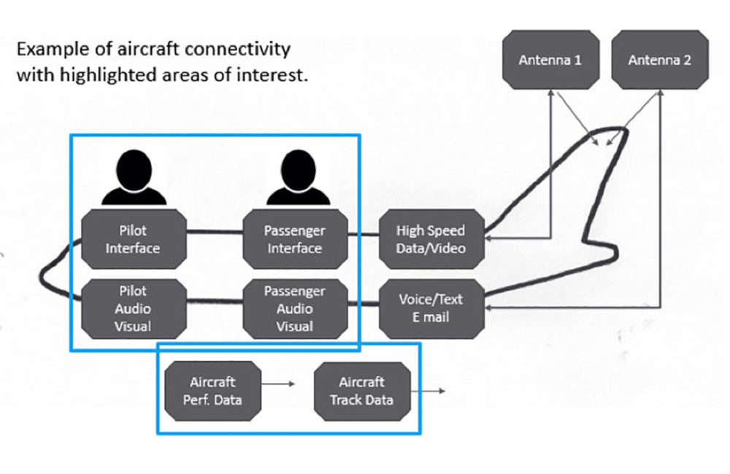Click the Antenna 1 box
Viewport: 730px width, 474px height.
point(550,60)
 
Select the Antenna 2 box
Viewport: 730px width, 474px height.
point(659,60)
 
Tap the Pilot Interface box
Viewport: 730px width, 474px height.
point(132,239)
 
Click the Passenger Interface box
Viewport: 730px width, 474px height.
point(293,239)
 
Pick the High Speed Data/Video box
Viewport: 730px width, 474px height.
point(431,239)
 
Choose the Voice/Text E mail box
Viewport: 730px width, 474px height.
point(431,308)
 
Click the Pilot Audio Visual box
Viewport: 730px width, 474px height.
point(132,308)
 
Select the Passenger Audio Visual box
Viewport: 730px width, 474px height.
point(293,308)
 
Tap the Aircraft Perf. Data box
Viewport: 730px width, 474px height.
point(212,391)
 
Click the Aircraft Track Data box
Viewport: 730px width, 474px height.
point(361,391)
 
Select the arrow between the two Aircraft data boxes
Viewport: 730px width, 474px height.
point(281,382)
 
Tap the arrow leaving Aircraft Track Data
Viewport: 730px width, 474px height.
point(431,392)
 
